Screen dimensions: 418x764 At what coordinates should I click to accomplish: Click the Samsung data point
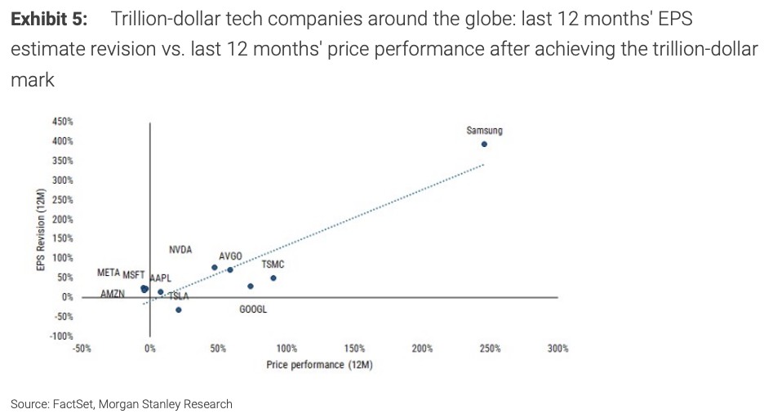tap(484, 144)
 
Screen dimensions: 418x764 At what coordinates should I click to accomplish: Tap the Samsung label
tap(484, 131)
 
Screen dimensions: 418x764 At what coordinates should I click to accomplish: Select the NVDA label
tap(180, 249)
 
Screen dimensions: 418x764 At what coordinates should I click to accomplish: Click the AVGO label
tap(230, 256)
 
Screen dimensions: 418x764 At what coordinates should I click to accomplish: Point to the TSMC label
tap(273, 265)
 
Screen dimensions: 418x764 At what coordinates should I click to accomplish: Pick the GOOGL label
tap(253, 309)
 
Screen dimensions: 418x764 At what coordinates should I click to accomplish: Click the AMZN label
tap(113, 293)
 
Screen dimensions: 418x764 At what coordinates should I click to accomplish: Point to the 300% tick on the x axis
tap(558, 349)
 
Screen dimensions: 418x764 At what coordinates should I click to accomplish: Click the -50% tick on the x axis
tap(82, 349)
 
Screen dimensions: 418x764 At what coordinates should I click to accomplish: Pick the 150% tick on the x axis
tap(354, 349)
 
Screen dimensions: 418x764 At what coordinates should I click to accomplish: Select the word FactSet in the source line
tap(74, 404)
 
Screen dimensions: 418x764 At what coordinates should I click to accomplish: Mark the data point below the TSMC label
tap(273, 278)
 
